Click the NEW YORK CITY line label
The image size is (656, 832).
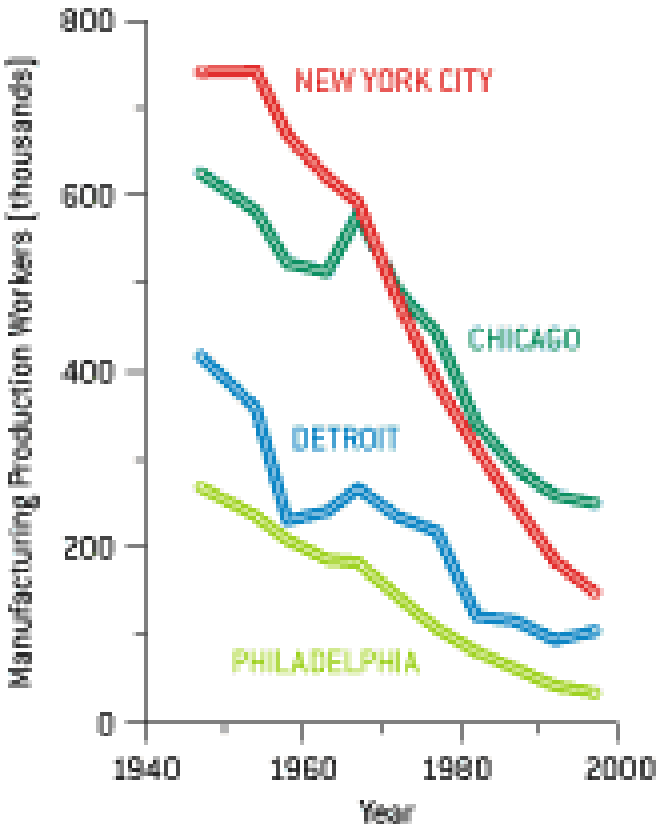[x=394, y=81]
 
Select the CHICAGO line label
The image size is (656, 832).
[x=524, y=339]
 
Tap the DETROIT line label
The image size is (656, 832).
[x=345, y=439]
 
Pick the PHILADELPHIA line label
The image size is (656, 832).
[x=326, y=662]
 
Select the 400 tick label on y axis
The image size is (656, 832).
[x=87, y=372]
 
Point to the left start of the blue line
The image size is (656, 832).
[x=201, y=355]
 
